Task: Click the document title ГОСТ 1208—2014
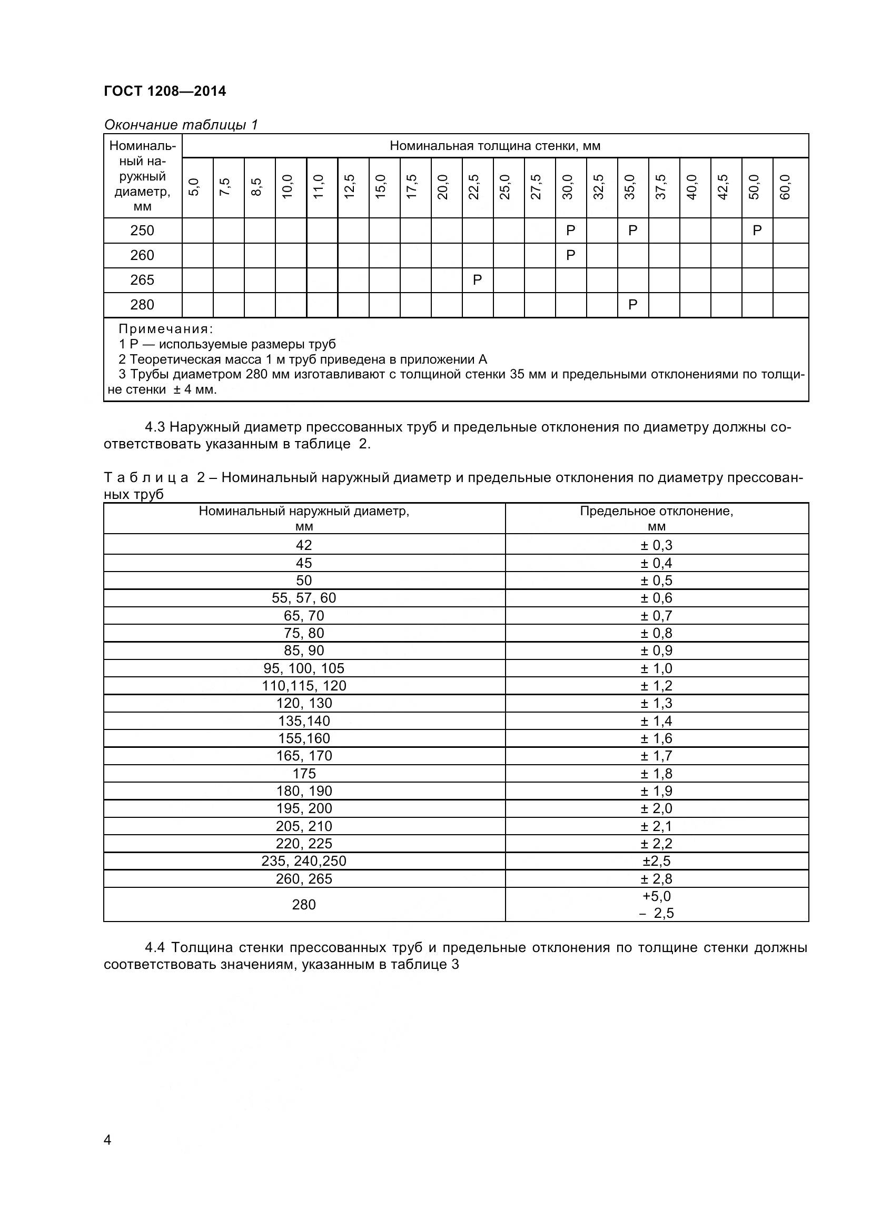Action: tap(165, 91)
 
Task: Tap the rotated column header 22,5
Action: tap(473, 187)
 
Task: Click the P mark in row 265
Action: tap(477, 280)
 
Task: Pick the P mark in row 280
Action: tap(633, 305)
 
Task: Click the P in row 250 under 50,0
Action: tap(757, 231)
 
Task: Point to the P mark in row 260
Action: tap(571, 255)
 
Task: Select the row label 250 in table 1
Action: tap(142, 231)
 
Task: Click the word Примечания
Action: tap(166, 328)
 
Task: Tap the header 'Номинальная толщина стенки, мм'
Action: tap(494, 146)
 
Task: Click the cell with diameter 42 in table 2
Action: tap(303, 545)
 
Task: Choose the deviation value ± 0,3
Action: tap(656, 545)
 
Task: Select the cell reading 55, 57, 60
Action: tap(303, 598)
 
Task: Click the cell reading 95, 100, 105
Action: tap(303, 668)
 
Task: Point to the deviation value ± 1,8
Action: tap(656, 774)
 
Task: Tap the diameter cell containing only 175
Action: tap(303, 774)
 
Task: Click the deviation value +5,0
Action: tap(657, 896)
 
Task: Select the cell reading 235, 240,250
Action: tap(303, 861)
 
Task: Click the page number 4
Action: tap(107, 1140)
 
